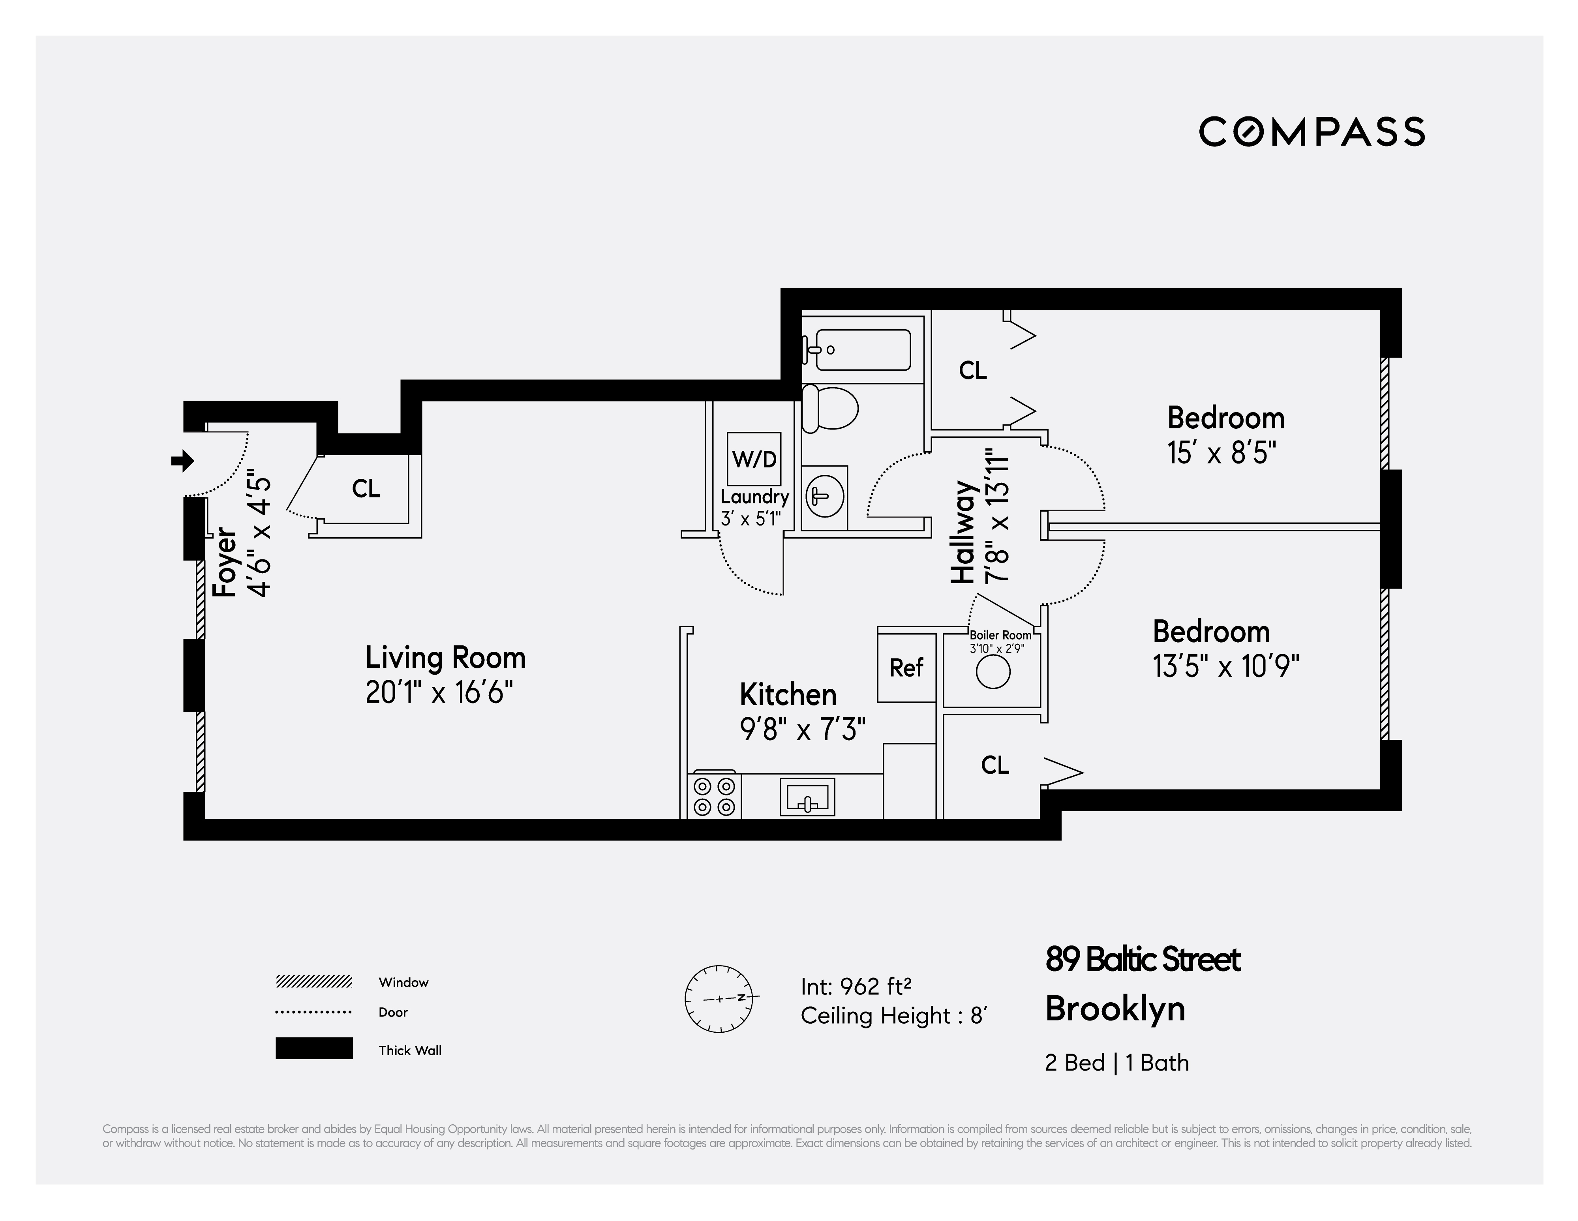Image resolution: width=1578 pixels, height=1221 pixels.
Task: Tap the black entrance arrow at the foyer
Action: pyautogui.click(x=183, y=460)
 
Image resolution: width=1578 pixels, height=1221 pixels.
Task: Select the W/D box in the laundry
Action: pyautogui.click(x=754, y=459)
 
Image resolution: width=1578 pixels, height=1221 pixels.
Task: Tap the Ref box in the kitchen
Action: pyautogui.click(x=906, y=667)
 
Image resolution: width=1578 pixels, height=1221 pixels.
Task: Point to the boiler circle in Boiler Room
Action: pyautogui.click(x=993, y=673)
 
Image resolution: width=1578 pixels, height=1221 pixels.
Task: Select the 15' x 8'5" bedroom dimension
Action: pyautogui.click(x=1221, y=454)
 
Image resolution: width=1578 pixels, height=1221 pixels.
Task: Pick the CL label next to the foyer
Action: pyautogui.click(x=366, y=489)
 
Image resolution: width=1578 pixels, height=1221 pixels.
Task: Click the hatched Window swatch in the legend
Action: pyautogui.click(x=313, y=982)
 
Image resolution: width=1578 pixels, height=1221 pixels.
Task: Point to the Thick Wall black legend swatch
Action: pyautogui.click(x=313, y=1048)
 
